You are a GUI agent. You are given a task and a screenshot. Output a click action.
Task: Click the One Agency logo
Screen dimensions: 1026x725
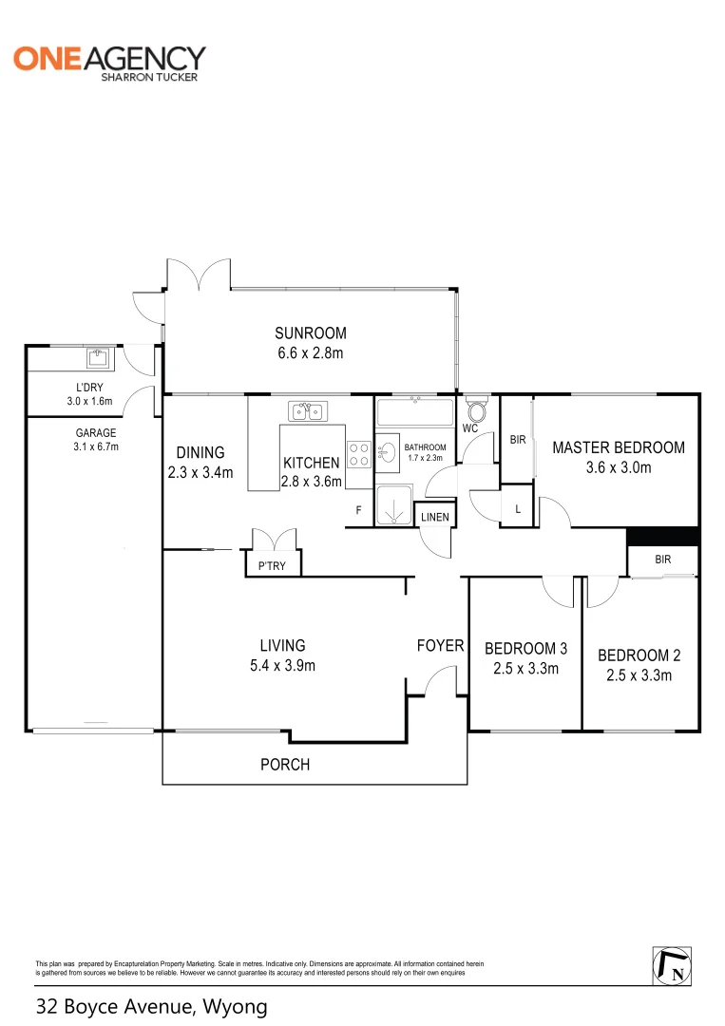pos(108,61)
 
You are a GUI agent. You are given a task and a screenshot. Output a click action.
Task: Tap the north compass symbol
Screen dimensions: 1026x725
pos(671,965)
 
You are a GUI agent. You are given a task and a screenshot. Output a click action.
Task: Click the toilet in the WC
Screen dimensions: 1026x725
pos(478,411)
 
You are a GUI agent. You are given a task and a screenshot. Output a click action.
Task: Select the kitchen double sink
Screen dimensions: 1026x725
pos(307,411)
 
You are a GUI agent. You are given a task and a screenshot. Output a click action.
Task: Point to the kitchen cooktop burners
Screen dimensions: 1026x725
pos(359,454)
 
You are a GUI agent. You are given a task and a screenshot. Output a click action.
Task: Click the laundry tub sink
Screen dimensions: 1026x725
pos(97,358)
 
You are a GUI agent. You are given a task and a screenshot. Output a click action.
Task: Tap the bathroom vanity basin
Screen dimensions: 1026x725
pos(388,453)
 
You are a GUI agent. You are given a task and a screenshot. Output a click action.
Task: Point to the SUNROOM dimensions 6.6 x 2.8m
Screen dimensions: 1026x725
pos(311,352)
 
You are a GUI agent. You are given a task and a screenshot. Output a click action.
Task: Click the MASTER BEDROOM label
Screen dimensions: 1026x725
pos(618,447)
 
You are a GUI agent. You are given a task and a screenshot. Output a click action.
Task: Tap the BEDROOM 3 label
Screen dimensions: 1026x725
pos(525,649)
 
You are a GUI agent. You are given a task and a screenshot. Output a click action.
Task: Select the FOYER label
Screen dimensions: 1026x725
pos(440,646)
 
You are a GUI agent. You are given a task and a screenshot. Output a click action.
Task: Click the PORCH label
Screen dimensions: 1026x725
pos(285,764)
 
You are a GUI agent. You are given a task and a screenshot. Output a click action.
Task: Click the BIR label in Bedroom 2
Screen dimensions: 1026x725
pos(662,560)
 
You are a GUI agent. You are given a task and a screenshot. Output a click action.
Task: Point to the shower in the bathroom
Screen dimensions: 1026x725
pos(393,506)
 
